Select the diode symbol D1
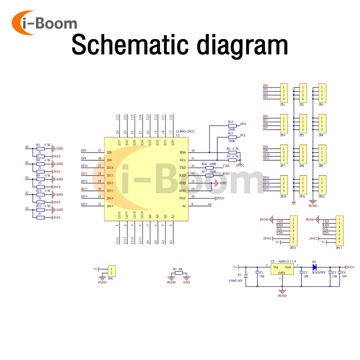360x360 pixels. tap(314, 267)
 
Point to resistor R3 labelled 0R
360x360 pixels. tap(179, 274)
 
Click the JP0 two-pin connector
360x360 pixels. tap(112, 271)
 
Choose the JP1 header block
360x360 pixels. tap(284, 93)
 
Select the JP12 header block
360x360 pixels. tap(322, 185)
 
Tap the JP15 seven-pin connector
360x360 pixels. tap(339, 231)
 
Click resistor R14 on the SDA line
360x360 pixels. tap(232, 126)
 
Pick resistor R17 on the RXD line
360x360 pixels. tap(209, 175)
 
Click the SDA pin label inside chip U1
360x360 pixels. tap(183, 152)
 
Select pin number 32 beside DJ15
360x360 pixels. tap(99, 204)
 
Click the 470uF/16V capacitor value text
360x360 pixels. tap(236, 280)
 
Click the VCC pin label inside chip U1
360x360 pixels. tap(183, 198)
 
